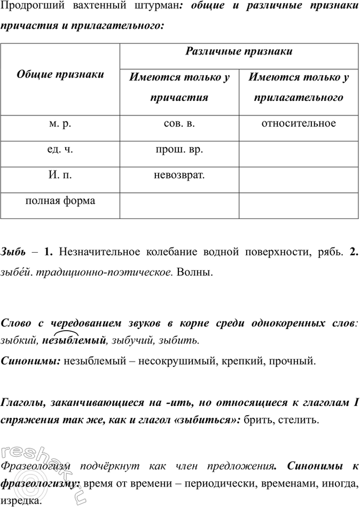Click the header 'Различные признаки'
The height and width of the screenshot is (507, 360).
pyautogui.click(x=239, y=51)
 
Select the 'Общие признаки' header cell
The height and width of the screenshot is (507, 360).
pyautogui.click(x=60, y=75)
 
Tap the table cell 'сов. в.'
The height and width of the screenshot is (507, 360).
pyautogui.click(x=179, y=124)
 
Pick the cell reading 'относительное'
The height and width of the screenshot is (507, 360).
pyautogui.click(x=299, y=124)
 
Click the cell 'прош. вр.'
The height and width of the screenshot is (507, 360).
pyautogui.click(x=179, y=150)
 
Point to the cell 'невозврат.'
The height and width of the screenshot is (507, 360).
pyautogui.click(x=179, y=175)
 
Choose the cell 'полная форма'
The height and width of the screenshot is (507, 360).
pyautogui.click(x=60, y=201)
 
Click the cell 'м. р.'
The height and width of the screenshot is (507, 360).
pyautogui.click(x=60, y=124)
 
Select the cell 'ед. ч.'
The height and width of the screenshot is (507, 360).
pyautogui.click(x=60, y=150)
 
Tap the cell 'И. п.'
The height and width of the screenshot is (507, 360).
pyautogui.click(x=60, y=175)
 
